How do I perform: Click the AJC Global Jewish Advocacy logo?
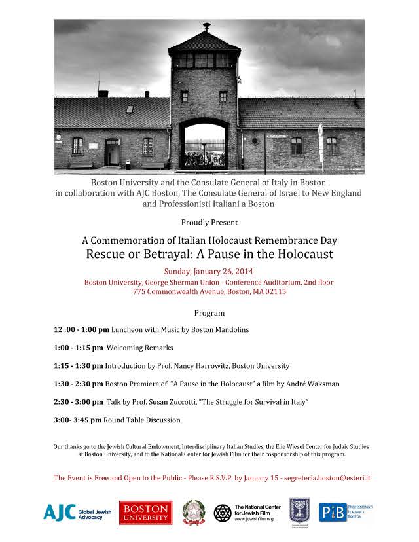point(75,512)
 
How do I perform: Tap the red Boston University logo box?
point(145,513)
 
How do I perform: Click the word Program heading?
point(209,313)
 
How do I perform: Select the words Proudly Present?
point(209,222)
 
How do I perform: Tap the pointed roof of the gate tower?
point(205,41)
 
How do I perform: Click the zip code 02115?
point(274,292)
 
